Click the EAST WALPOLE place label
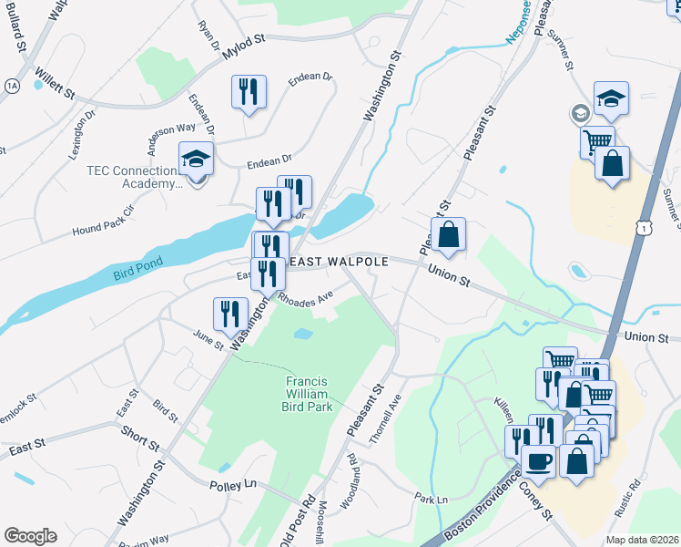point(339,262)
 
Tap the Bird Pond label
point(137,270)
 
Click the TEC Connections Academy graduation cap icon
point(196,159)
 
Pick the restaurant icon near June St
point(230,314)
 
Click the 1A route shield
point(12,85)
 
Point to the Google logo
point(31,535)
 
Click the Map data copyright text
point(643,540)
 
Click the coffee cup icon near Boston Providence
point(538,461)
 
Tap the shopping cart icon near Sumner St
point(596,141)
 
